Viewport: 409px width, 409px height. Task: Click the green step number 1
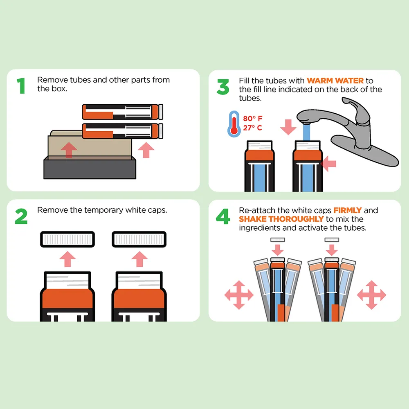(21, 85)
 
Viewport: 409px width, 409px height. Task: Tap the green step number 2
(21, 216)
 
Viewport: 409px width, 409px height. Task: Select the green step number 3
(223, 87)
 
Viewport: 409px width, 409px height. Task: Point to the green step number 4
(223, 216)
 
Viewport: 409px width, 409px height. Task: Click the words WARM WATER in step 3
(335, 81)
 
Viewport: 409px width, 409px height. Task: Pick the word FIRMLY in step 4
(347, 210)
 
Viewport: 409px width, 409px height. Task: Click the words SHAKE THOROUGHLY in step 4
(281, 219)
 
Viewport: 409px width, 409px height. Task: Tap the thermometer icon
(234, 124)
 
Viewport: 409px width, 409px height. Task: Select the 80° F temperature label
(252, 119)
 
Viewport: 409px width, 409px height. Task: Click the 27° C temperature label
(252, 128)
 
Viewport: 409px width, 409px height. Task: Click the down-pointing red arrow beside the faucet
(288, 127)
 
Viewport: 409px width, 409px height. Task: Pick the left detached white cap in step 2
(67, 239)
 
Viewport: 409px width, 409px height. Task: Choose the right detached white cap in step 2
(139, 239)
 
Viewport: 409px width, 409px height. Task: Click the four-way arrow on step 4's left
(239, 295)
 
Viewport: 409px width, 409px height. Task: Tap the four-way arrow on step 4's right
(371, 295)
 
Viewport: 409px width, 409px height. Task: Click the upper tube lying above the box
(122, 112)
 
